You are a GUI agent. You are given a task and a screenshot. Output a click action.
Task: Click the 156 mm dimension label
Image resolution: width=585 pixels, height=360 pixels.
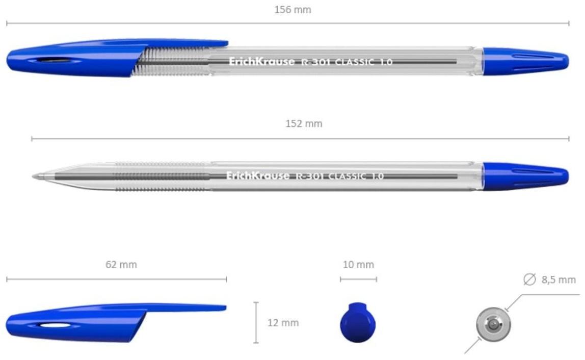pyautogui.click(x=292, y=10)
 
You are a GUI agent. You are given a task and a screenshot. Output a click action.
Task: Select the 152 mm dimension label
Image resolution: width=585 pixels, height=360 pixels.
pyautogui.click(x=304, y=124)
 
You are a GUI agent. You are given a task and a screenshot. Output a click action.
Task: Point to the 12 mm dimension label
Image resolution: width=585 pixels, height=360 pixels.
pyautogui.click(x=283, y=323)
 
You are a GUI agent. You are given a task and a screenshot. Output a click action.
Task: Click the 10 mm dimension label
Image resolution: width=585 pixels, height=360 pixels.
pyautogui.click(x=358, y=265)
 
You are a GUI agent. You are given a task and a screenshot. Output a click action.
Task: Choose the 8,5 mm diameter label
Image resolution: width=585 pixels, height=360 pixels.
pyautogui.click(x=559, y=279)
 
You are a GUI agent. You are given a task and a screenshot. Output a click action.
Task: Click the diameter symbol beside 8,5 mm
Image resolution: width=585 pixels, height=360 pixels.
pyautogui.click(x=530, y=279)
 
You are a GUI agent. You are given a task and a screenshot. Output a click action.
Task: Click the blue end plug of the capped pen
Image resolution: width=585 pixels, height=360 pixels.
pyautogui.click(x=525, y=61)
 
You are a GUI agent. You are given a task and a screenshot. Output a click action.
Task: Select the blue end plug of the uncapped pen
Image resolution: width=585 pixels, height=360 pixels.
pyautogui.click(x=525, y=176)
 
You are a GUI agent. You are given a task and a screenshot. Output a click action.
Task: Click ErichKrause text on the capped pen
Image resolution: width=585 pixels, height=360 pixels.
pyautogui.click(x=261, y=62)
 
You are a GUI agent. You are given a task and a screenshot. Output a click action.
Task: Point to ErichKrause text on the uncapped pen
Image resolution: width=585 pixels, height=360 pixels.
pyautogui.click(x=258, y=176)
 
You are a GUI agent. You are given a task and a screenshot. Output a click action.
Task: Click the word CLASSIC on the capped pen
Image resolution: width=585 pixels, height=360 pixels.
pyautogui.click(x=354, y=62)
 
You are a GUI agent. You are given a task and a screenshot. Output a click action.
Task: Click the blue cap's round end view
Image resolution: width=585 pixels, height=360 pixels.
pyautogui.click(x=358, y=323)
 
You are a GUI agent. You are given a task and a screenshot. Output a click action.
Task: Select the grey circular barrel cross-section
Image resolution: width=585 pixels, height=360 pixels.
pyautogui.click(x=493, y=324)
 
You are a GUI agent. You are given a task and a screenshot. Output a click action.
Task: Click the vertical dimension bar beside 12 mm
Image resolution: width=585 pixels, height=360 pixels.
pyautogui.click(x=256, y=323)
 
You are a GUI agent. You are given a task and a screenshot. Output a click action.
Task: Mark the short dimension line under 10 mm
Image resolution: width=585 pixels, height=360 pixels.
pyautogui.click(x=358, y=279)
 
